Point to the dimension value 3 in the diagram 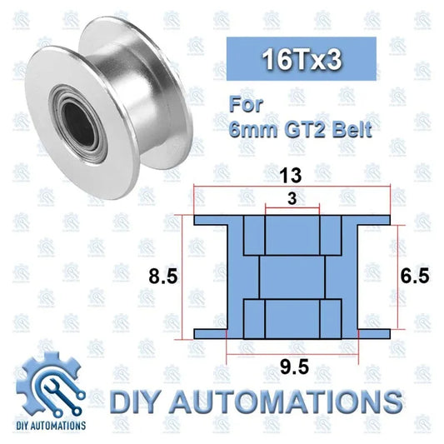point(292,197)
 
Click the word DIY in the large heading point(147,400)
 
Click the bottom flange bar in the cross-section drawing point(292,333)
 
